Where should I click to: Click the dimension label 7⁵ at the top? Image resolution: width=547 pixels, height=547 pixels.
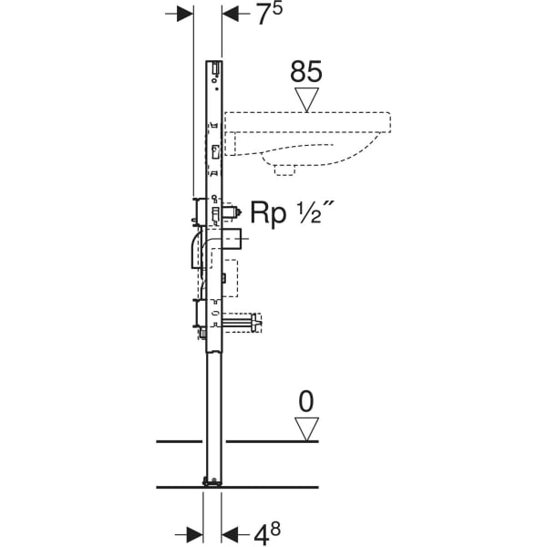tap(269, 14)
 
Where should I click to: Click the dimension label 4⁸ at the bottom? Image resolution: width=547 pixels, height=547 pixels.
tap(267, 533)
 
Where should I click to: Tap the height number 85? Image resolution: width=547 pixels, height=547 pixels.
tap(306, 72)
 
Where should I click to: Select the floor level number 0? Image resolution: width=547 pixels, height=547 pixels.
tap(306, 401)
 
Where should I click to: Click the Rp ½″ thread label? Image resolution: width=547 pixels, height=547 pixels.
tap(290, 212)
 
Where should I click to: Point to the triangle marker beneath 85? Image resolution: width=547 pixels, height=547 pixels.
tap(306, 99)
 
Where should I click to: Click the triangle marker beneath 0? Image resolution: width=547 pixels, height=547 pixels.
tap(306, 429)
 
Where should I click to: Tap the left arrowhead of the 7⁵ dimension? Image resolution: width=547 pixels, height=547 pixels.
tap(185, 14)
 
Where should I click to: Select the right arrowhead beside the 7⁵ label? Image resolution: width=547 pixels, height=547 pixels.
tap(231, 14)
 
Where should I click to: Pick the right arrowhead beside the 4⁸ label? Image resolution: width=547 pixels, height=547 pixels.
tap(230, 535)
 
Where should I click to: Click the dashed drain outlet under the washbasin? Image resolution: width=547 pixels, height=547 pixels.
tap(284, 170)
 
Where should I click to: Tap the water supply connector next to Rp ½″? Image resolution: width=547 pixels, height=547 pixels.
tap(232, 212)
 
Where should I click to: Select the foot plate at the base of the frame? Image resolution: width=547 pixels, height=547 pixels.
tap(212, 482)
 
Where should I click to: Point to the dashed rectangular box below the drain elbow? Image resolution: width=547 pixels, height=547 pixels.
tap(230, 278)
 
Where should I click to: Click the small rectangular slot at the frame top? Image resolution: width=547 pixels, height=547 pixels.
tap(216, 67)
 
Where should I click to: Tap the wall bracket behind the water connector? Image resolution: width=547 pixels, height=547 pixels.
tap(198, 211)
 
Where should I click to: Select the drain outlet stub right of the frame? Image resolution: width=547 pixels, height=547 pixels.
tap(232, 239)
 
